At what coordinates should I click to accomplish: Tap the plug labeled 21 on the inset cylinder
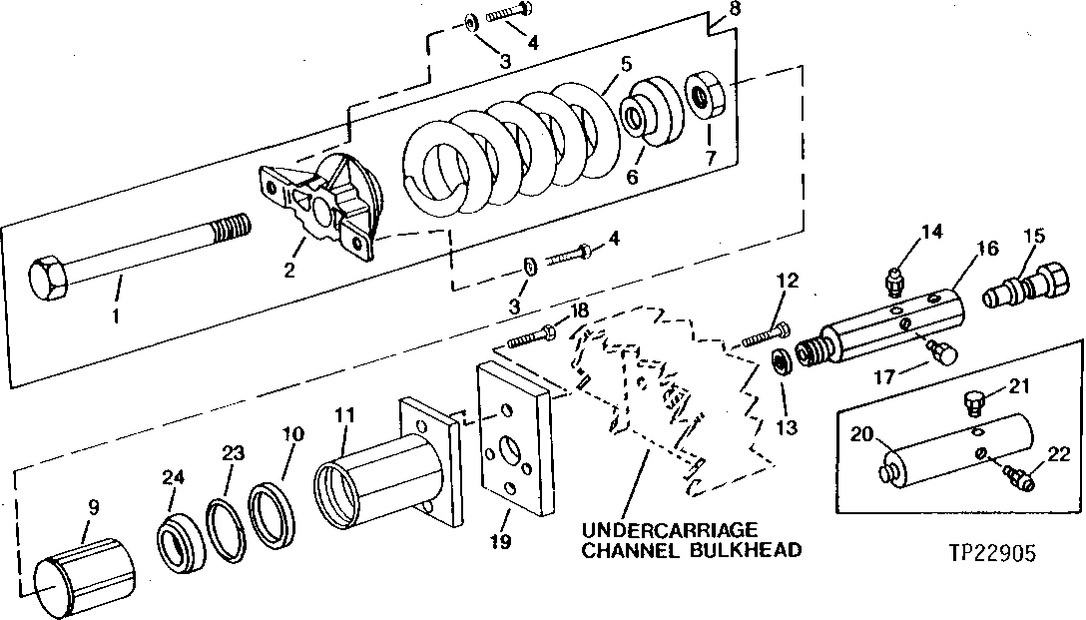975,401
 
